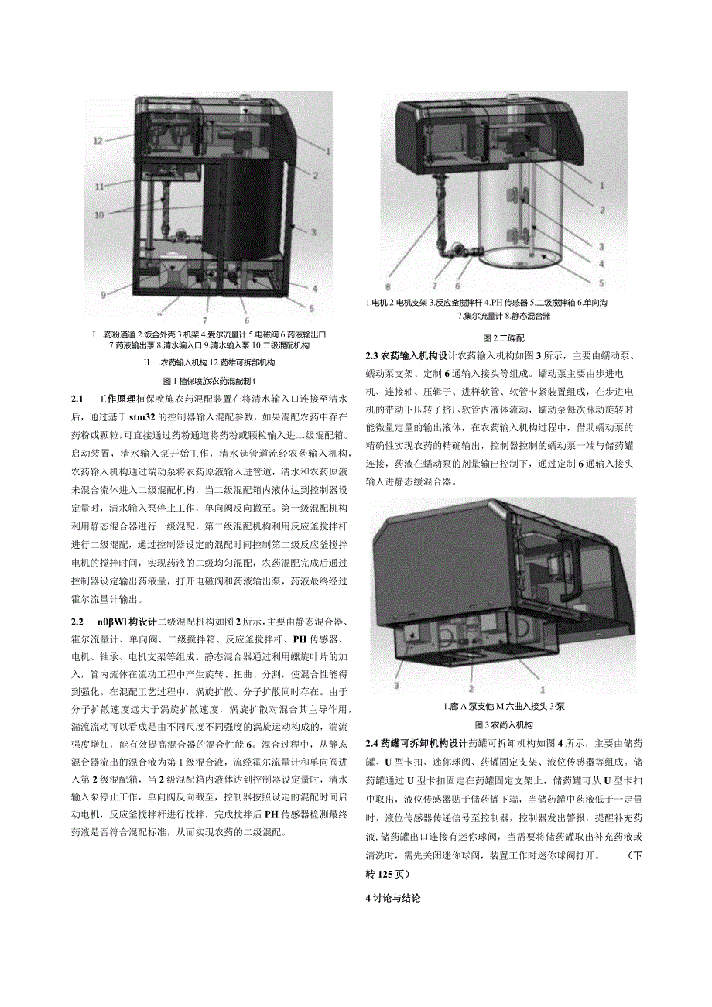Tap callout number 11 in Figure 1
pos(99,187)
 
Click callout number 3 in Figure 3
pos(396,685)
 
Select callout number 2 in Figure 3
pos(470,687)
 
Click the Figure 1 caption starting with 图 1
pos(210,381)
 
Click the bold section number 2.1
pos(76,399)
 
